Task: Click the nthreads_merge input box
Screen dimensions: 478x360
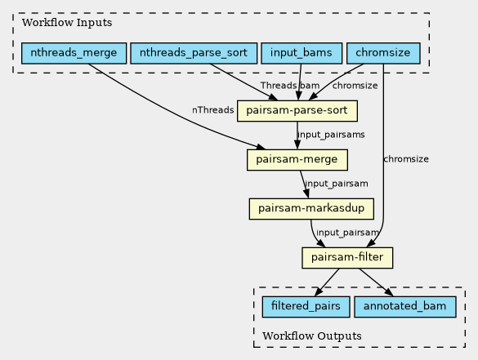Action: [x=74, y=53]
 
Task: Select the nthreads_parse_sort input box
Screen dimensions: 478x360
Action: [x=194, y=53]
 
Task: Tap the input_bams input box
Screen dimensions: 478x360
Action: [x=302, y=53]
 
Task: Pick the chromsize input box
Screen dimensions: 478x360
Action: [x=383, y=53]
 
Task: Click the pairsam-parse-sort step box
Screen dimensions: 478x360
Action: [x=297, y=111]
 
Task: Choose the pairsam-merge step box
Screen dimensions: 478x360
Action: [x=297, y=160]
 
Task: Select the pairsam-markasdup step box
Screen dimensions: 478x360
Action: [x=311, y=209]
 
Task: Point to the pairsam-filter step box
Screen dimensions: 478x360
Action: [x=347, y=258]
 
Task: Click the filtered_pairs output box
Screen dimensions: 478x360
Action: [x=306, y=307]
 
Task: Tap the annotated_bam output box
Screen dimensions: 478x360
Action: [x=405, y=307]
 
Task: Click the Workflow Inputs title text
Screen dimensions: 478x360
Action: [x=67, y=23]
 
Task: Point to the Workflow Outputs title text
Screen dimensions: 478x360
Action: [x=312, y=336]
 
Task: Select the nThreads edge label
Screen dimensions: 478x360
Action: [x=212, y=110]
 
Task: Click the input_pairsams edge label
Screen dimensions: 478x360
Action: [x=331, y=135]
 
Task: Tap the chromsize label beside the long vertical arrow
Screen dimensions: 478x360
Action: [x=406, y=159]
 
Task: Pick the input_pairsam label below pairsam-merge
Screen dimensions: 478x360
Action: [x=337, y=184]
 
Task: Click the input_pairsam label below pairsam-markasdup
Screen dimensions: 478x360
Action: [x=347, y=233]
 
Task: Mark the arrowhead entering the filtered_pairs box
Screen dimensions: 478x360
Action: [x=319, y=291]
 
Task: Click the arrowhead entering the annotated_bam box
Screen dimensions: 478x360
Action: [x=389, y=292]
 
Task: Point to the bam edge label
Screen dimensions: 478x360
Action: [x=310, y=86]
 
